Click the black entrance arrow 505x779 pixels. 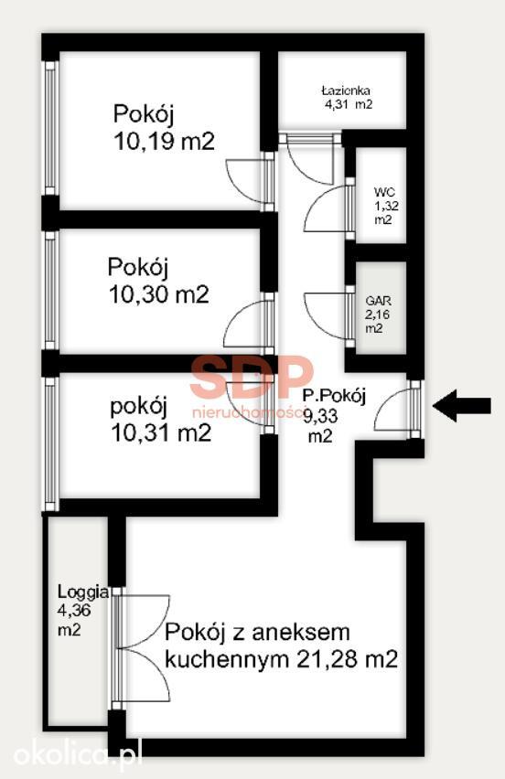coord(462,406)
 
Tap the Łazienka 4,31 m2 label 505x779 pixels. coord(347,97)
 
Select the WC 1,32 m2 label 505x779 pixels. coord(386,206)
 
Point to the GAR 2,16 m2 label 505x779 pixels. coord(378,314)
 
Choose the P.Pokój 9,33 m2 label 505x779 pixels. coord(334,416)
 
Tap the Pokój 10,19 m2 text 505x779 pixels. coord(164,128)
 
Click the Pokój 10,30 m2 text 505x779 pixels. coord(158,281)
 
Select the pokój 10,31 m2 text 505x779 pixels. coord(160,420)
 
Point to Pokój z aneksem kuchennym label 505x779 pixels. coord(281,646)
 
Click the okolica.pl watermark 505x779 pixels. coord(78,753)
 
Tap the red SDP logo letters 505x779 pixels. coord(252,376)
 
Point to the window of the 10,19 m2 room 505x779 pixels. coord(50,128)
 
